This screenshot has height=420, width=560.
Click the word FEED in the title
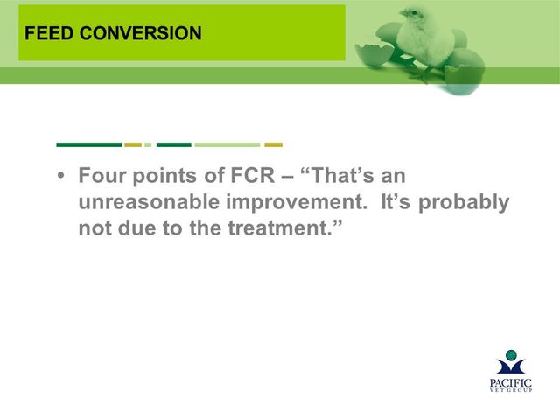click(x=49, y=33)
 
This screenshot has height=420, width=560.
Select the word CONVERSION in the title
click(x=141, y=33)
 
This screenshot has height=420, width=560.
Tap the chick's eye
click(x=414, y=13)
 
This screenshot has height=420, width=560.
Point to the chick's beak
click(x=402, y=14)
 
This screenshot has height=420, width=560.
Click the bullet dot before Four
click(x=61, y=176)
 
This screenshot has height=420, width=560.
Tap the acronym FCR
click(x=253, y=175)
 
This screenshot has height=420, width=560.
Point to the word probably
click(x=464, y=202)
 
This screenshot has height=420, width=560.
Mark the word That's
click(x=341, y=175)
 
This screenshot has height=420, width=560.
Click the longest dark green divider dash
click(x=89, y=144)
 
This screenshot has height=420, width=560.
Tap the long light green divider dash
click(x=227, y=144)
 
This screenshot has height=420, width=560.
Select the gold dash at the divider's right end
click(x=274, y=144)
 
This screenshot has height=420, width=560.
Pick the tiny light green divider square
click(x=148, y=144)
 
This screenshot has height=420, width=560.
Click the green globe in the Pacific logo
click(x=511, y=355)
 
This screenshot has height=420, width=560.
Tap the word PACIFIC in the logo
click(x=511, y=383)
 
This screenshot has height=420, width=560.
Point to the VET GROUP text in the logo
click(x=511, y=390)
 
